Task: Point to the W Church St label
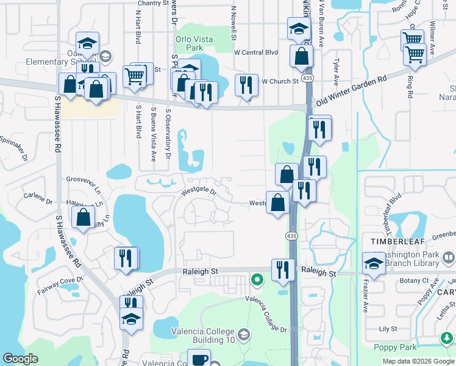point(280,81)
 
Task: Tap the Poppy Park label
point(397,347)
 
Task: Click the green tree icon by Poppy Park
point(447,337)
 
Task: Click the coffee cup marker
point(199,359)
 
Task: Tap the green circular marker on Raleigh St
point(257,280)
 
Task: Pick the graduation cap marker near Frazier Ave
point(374,263)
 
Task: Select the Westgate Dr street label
point(199,191)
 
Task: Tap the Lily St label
point(388,329)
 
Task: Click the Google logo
point(20,359)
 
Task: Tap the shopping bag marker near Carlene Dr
point(83,217)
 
